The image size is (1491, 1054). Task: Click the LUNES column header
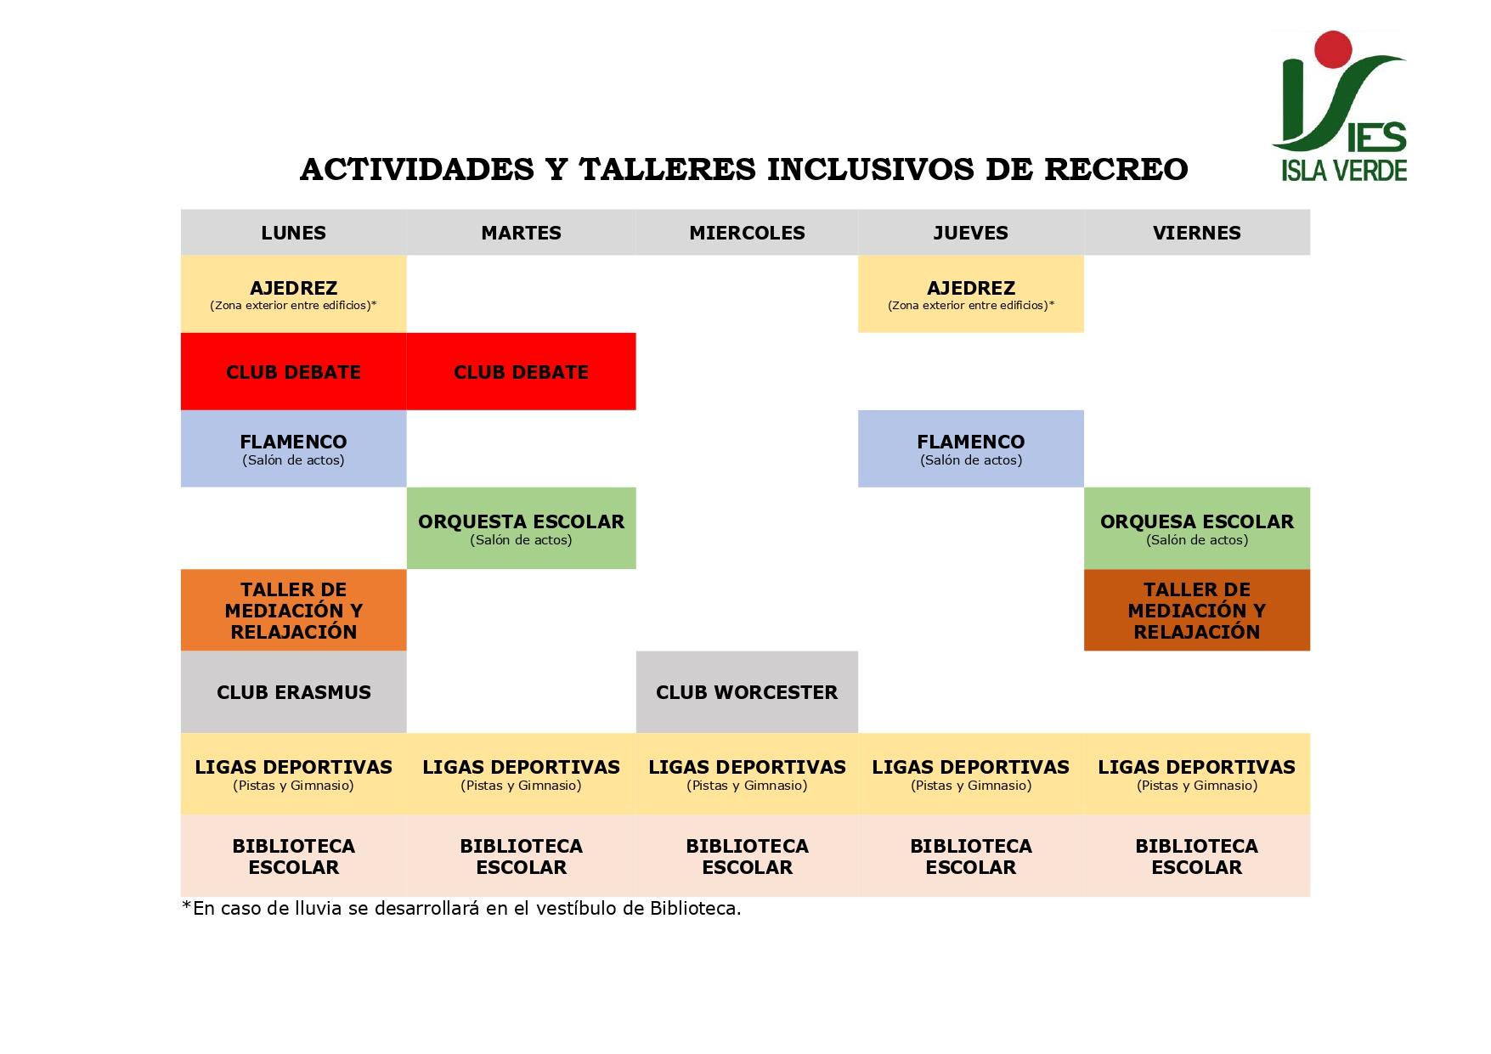(x=293, y=233)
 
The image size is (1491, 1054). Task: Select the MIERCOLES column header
(x=747, y=233)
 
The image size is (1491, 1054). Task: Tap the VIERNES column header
(x=1197, y=233)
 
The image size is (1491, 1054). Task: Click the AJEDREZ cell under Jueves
(x=971, y=294)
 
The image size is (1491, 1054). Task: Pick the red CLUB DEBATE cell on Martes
(x=522, y=372)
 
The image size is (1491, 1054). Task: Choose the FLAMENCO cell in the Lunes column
(x=293, y=448)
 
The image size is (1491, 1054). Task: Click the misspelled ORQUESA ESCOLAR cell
(x=1197, y=528)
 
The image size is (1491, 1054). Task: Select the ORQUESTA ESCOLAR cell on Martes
(x=522, y=528)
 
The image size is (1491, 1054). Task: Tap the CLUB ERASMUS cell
(x=293, y=692)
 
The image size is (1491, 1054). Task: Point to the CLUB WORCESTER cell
(x=747, y=692)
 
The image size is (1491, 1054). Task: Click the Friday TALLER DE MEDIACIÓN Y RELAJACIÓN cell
(x=1197, y=610)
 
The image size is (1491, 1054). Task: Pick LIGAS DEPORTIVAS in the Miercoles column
(x=747, y=774)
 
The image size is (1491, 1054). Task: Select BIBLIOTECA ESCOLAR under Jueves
(x=971, y=856)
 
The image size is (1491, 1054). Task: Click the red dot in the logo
(x=1332, y=48)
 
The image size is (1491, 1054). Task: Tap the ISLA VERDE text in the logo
(x=1344, y=170)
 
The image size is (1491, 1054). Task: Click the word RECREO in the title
(x=1115, y=170)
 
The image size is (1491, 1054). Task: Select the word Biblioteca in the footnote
(x=693, y=909)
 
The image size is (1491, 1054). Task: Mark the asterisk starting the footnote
(x=186, y=905)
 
